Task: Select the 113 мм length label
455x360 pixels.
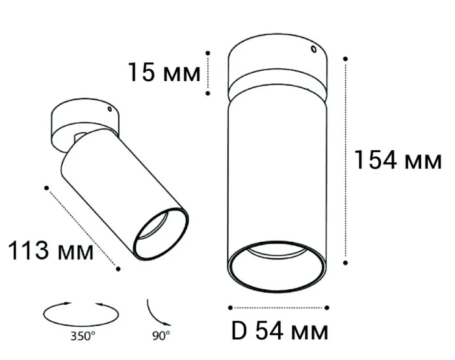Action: (x=49, y=251)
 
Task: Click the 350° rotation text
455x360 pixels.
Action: (x=83, y=336)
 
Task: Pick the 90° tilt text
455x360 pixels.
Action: (x=161, y=336)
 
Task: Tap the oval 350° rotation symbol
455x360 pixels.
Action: (x=81, y=313)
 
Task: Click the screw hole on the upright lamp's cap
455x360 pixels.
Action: (x=313, y=49)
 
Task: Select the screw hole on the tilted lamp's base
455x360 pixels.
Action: (x=110, y=110)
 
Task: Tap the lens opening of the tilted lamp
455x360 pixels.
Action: (x=160, y=233)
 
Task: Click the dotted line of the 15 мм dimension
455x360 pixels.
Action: (x=208, y=73)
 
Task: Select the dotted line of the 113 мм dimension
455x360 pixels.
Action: (x=83, y=227)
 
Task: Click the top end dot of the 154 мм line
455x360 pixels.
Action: (x=346, y=58)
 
